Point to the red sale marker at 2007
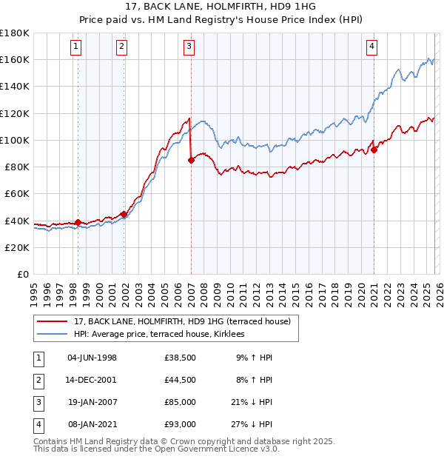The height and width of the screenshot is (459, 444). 191,160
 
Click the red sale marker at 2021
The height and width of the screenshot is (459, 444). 374,150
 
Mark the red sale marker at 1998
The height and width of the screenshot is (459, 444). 78,222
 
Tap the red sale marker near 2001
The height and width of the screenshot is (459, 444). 124,214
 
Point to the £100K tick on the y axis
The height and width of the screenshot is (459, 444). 15,140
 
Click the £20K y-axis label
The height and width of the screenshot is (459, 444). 16,247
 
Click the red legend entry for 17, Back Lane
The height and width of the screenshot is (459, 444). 185,321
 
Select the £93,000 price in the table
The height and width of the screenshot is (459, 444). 181,424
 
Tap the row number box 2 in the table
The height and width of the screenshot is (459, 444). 38,380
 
